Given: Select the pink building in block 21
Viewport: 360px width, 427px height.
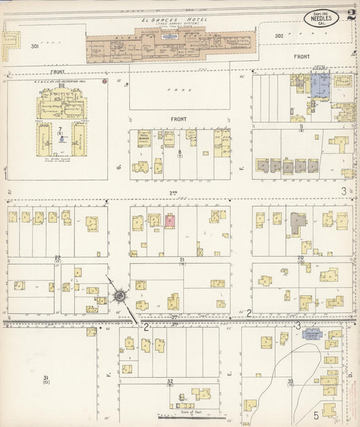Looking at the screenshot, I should [x=170, y=220].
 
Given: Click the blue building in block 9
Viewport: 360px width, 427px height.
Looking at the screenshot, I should [x=319, y=86].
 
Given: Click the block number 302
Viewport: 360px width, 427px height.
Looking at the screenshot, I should [x=280, y=36].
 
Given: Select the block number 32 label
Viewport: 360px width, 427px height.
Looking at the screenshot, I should [x=170, y=382].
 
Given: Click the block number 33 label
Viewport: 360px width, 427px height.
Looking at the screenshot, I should [x=290, y=382].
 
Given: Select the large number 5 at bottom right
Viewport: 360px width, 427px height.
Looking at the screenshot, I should [x=315, y=414].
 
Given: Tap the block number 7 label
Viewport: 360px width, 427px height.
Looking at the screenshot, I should [x=60, y=128].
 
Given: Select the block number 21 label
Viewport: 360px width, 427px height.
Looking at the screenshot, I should [x=182, y=259].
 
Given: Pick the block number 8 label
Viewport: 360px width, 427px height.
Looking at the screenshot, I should [x=180, y=153].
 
